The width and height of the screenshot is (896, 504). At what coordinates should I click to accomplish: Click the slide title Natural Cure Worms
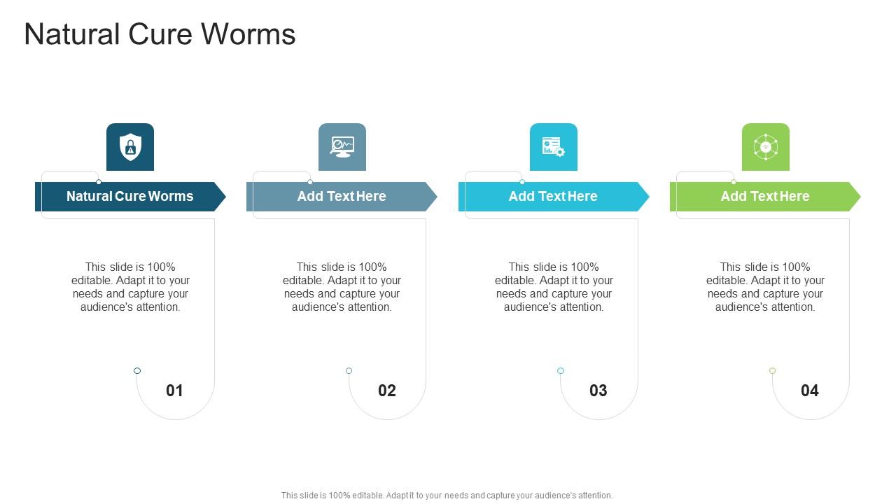click(x=160, y=34)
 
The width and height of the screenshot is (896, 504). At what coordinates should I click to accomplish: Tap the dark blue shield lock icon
click(x=130, y=147)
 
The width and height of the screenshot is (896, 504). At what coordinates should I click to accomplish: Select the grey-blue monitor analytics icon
click(x=342, y=147)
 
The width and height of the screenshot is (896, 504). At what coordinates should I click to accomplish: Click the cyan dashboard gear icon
click(x=553, y=147)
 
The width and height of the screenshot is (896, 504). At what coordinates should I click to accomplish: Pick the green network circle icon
click(x=765, y=147)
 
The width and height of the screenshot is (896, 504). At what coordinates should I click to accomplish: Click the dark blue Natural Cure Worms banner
click(x=129, y=197)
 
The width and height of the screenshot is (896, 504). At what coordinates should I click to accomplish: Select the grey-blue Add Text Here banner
click(x=341, y=197)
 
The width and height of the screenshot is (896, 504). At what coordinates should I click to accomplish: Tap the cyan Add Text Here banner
click(x=552, y=197)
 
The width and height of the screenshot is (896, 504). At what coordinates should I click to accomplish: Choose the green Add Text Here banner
click(x=764, y=197)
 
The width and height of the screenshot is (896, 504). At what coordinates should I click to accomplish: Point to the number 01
click(x=174, y=391)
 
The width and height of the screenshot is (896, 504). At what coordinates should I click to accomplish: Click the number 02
click(x=386, y=391)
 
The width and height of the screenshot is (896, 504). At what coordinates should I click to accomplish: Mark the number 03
click(x=598, y=391)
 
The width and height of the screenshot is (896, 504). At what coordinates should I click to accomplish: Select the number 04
click(x=809, y=391)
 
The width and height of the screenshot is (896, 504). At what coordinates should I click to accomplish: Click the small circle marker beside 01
click(x=137, y=371)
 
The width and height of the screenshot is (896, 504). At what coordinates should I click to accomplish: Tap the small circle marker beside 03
click(x=561, y=371)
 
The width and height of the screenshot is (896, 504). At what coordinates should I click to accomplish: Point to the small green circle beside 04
click(x=772, y=371)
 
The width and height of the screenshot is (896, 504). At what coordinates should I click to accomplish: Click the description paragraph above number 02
click(x=342, y=287)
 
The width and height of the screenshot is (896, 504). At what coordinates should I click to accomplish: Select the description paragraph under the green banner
click(x=765, y=287)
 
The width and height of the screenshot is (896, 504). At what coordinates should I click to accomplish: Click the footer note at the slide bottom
click(x=447, y=496)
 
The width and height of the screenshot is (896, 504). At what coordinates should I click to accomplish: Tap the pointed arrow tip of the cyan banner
click(x=643, y=197)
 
